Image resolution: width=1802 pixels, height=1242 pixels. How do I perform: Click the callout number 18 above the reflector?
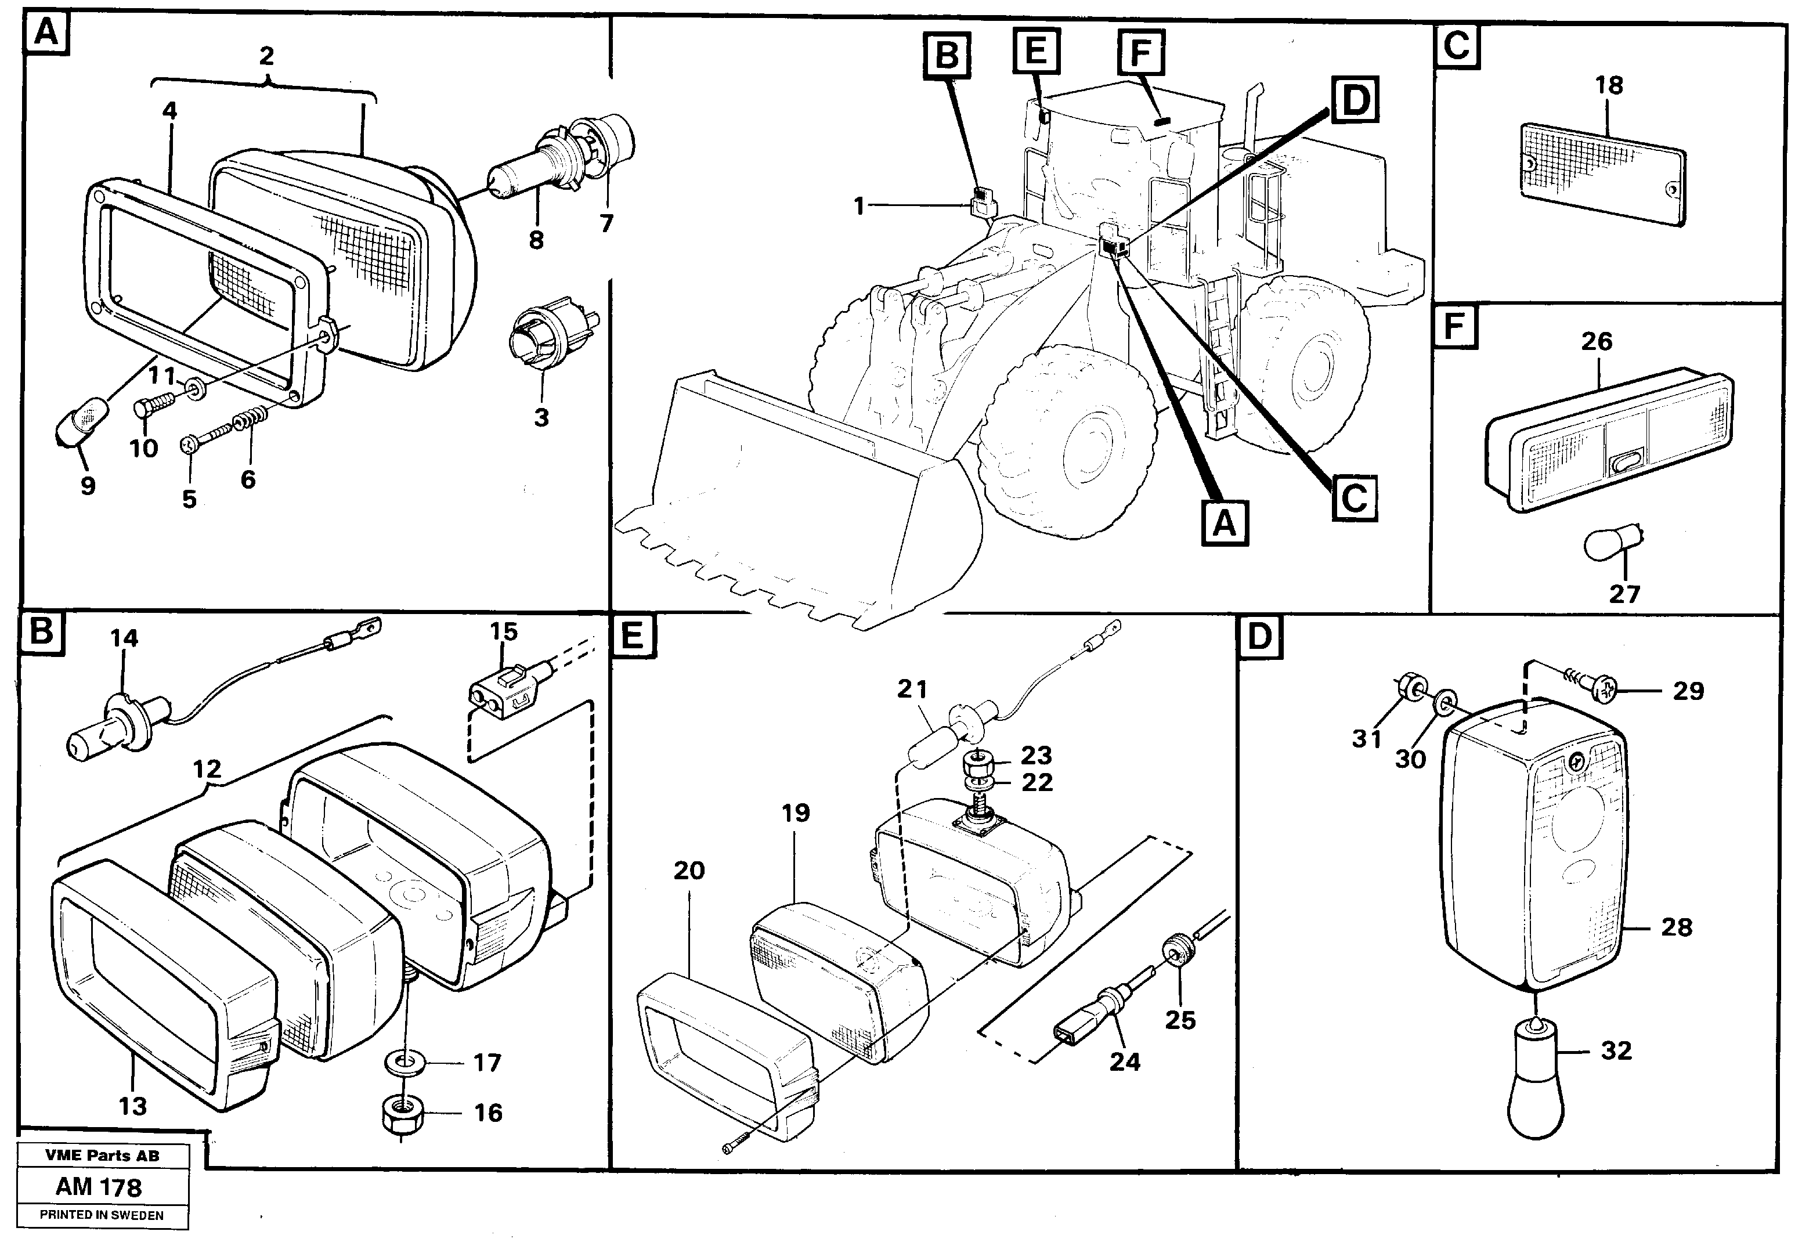[x=1609, y=85]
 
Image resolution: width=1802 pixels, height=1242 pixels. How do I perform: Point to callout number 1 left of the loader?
[x=859, y=206]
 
